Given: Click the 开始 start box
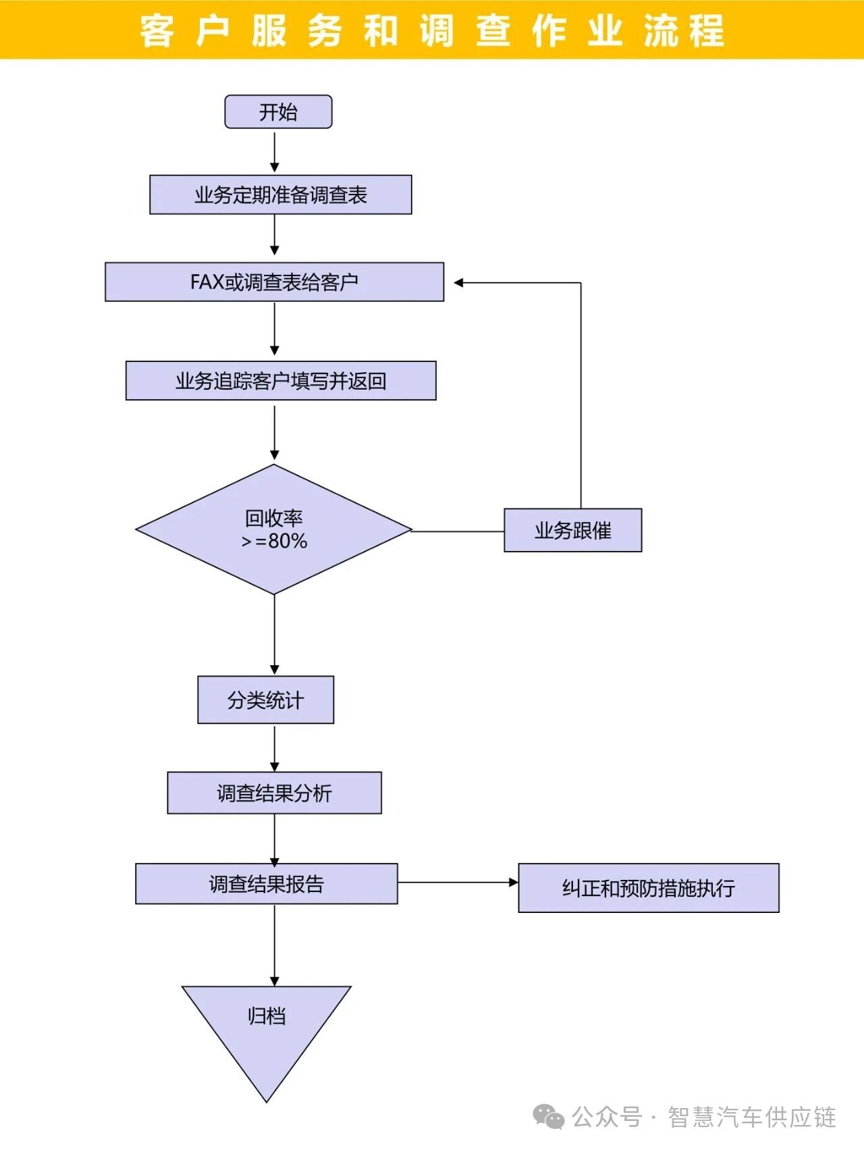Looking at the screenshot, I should point(278,112).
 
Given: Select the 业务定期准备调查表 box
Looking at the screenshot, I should point(280,195).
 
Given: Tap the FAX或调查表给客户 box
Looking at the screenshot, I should point(274,282).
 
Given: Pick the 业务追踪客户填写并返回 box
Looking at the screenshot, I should point(281,381).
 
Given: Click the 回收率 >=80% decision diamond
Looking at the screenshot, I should point(274,529).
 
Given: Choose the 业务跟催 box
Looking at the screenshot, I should point(572,531).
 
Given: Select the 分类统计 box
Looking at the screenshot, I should point(265,700).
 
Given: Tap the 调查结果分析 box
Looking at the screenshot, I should point(274,793).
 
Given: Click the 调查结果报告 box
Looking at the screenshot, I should point(266,884).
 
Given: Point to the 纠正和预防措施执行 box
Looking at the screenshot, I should point(648,888).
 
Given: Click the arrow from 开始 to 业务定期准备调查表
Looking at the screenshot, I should point(275,151).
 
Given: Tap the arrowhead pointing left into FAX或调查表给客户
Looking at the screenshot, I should point(459,283).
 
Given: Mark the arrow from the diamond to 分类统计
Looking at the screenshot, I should point(275,635).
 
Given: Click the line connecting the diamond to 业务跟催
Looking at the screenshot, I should point(458,531).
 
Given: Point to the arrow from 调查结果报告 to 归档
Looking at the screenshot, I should point(275,945).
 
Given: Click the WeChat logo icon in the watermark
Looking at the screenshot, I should point(548,1117).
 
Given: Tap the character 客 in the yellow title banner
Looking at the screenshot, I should point(157,31).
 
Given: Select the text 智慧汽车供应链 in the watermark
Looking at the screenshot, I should point(752,1118).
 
